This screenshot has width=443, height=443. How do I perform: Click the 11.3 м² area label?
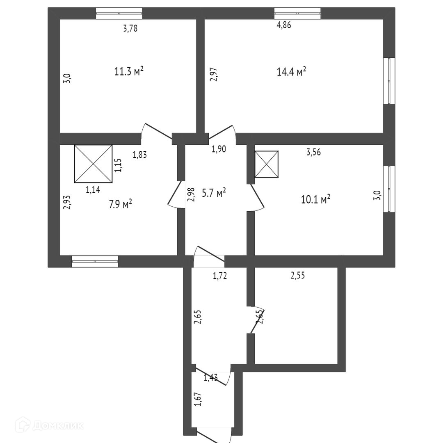click(128, 72)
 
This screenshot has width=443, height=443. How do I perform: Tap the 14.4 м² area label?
click(292, 72)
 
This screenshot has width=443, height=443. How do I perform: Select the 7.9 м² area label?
click(120, 203)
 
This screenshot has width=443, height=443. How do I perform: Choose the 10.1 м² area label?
click(315, 200)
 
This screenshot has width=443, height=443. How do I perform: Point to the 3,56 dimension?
click(313, 152)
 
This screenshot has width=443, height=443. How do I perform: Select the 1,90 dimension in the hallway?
click(218, 149)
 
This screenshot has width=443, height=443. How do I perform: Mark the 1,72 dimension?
click(219, 276)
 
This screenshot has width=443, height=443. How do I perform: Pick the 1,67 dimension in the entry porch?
click(198, 399)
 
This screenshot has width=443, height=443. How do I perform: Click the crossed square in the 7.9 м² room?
click(93, 163)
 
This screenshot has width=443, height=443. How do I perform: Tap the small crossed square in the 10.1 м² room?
click(267, 164)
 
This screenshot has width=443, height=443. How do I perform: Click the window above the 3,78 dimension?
click(119, 14)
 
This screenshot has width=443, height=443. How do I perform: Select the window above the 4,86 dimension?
click(297, 14)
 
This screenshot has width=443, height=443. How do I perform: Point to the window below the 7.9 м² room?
click(95, 261)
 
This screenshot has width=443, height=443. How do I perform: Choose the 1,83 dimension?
click(139, 155)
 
